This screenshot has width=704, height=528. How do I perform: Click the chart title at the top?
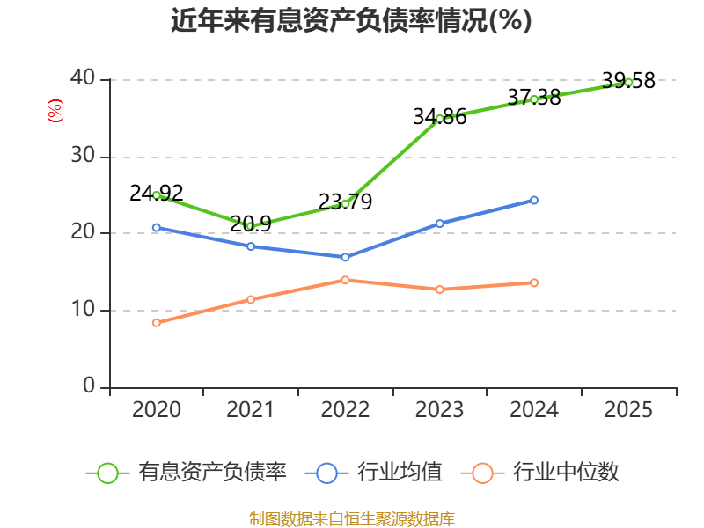coord(351,20)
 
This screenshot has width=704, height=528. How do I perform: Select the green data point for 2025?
coord(628,83)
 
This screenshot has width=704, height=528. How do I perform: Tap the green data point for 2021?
coord(251,226)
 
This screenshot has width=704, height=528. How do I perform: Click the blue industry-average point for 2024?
coord(534,201)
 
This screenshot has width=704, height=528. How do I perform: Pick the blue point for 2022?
coord(345,257)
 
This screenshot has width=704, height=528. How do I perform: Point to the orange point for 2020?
coord(157,323)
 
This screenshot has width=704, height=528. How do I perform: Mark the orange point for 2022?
coord(345,280)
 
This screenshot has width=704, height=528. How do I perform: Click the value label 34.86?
coord(439,117)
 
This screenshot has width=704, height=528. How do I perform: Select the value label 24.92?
coord(157,194)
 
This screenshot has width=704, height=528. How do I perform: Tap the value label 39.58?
coord(628,81)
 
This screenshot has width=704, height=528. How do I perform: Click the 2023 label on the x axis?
coord(439,410)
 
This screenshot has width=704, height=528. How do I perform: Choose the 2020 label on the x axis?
coord(157,410)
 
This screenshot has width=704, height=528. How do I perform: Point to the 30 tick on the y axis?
coord(83,156)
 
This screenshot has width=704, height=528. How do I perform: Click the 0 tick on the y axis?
coord(89,385)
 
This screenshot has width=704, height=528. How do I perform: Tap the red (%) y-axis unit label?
coord(55,111)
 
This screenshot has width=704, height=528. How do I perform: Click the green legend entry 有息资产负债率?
coord(186,473)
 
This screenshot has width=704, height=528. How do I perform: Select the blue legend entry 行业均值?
coord(373,473)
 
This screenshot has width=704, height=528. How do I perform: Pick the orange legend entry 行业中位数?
coord(540,473)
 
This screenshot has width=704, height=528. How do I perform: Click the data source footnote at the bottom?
coord(352,519)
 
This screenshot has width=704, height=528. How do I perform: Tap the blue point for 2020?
coord(157,228)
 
